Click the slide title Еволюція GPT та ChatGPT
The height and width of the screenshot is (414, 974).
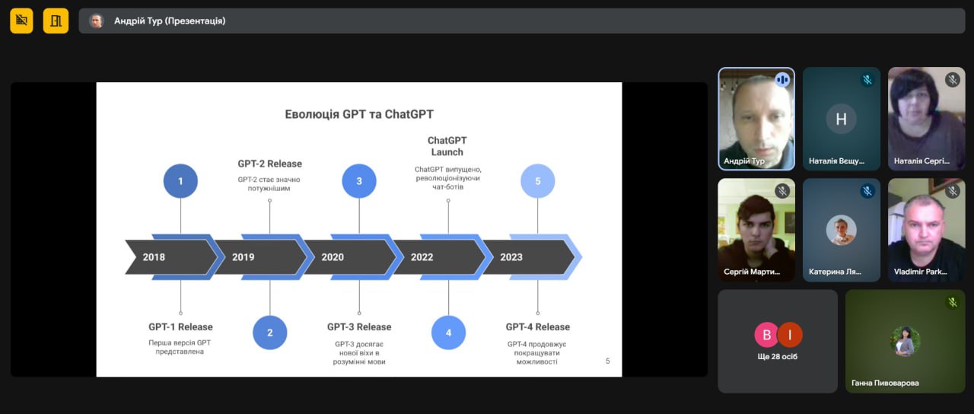(x=359, y=114)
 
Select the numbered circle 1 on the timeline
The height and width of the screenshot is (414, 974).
(x=180, y=181)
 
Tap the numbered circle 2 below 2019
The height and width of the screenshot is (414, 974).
(x=269, y=333)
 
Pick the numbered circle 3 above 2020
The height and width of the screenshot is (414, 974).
(x=359, y=181)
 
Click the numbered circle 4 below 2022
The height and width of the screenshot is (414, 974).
(x=448, y=333)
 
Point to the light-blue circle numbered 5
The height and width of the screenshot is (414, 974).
(x=538, y=181)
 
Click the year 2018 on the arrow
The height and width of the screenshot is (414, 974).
(x=154, y=257)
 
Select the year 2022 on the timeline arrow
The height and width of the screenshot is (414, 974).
(x=422, y=257)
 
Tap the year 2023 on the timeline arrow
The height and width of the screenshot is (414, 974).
(x=511, y=257)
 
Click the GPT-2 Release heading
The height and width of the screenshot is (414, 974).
(x=269, y=164)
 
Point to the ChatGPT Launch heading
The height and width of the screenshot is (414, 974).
(x=447, y=146)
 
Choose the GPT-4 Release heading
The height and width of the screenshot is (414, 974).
(x=538, y=327)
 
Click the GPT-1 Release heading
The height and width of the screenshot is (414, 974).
(x=180, y=327)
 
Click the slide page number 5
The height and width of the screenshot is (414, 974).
(x=608, y=361)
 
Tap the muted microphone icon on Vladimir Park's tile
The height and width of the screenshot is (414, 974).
(x=953, y=191)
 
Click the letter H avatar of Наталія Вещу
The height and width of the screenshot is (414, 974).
(x=842, y=119)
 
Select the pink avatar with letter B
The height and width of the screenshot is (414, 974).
(x=766, y=335)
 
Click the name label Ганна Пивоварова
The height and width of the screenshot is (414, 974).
(x=885, y=383)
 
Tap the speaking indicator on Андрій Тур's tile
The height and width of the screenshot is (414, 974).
(x=782, y=80)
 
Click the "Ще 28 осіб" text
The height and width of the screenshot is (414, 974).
(x=778, y=357)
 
